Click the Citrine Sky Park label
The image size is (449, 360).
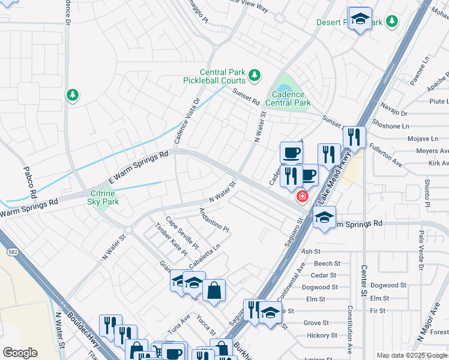click(x=104, y=197)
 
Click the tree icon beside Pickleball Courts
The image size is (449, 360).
click(x=255, y=74)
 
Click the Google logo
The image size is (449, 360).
click(x=20, y=352)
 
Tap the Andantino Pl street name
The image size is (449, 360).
click(x=214, y=220)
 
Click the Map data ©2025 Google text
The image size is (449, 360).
click(x=411, y=355)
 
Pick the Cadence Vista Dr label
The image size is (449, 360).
click(x=186, y=121)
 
